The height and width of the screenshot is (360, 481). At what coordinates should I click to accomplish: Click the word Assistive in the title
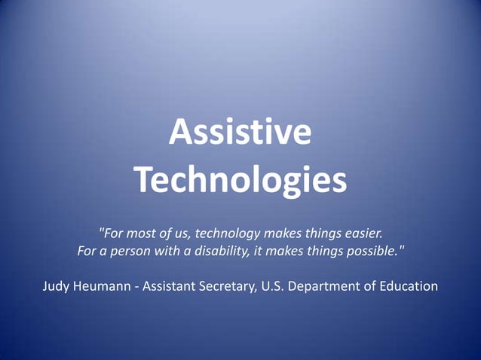tap(240, 133)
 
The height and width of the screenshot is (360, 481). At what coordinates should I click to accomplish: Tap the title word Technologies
tap(240, 179)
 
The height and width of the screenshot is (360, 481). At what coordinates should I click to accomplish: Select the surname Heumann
tap(106, 286)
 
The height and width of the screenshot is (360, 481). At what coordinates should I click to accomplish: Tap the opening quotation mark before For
tap(101, 228)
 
